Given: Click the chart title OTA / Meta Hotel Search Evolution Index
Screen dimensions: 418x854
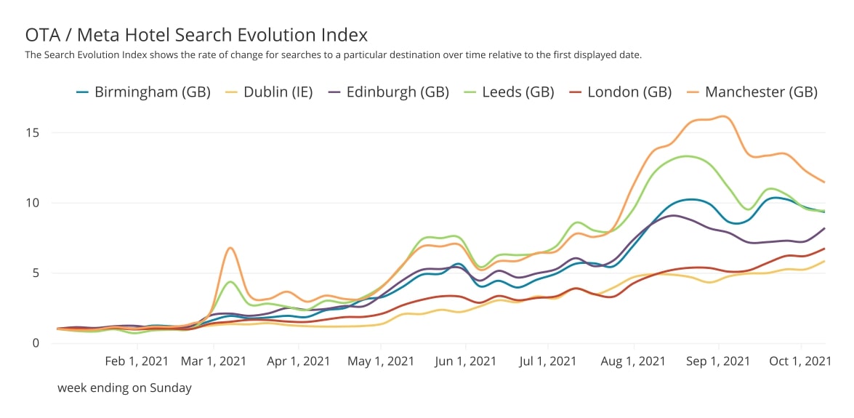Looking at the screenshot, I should tap(196, 34).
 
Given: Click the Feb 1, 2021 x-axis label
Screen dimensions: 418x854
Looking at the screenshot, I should tap(137, 361).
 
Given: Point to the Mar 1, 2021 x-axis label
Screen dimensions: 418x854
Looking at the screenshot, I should tap(214, 361).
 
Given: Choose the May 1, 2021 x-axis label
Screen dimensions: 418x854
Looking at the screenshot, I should tap(382, 361).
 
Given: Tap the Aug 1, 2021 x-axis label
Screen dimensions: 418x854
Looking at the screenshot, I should tap(635, 361).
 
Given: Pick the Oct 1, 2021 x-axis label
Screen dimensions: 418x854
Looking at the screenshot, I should tap(800, 361).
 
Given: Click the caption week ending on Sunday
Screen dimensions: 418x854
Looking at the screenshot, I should tap(124, 388).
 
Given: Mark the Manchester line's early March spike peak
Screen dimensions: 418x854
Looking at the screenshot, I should tap(230, 248).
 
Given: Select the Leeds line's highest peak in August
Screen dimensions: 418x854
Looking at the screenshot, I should tap(685, 156).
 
